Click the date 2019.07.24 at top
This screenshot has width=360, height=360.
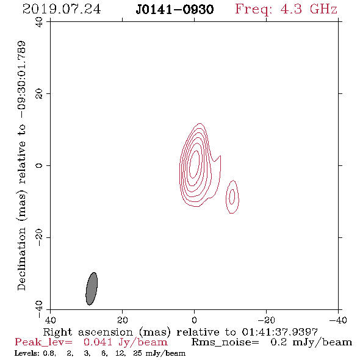pos(62,9)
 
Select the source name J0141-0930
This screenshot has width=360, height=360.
pos(175,10)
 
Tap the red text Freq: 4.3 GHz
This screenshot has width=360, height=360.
pos(286,9)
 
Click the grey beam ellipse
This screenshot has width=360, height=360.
pos(92,289)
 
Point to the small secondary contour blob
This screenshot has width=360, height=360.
pos(232,196)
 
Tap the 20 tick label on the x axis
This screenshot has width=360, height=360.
pos(122,320)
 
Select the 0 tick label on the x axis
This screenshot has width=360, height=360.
pos(194,320)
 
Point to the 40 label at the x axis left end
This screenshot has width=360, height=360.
pos(50,320)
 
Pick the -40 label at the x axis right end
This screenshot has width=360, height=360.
pos(337,320)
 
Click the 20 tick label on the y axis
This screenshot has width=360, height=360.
pos(39,94)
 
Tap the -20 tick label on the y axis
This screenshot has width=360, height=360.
pos(39,237)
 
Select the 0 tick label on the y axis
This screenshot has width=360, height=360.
pos(39,165)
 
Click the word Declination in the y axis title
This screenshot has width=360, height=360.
pos(21,259)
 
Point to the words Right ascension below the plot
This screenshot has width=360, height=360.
pos(88,332)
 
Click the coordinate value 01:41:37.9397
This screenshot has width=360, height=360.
pos(279,332)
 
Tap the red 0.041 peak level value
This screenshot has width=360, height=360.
pos(98,342)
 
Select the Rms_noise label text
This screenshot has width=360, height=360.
pos(225,342)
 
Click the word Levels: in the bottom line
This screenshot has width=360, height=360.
pos(26,353)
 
